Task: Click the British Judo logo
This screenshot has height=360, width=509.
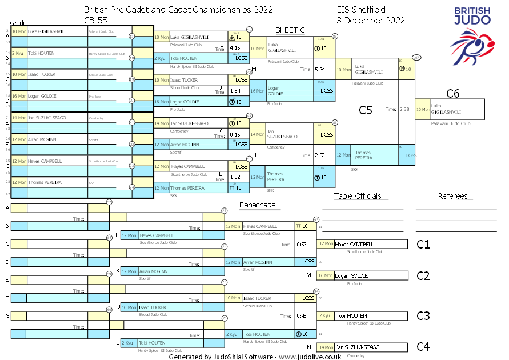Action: click(x=471, y=31)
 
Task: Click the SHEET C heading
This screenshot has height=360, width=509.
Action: click(x=290, y=30)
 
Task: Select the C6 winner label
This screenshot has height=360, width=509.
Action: click(x=453, y=93)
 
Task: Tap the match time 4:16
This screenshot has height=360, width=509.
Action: click(x=234, y=48)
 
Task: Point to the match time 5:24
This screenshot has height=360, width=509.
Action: click(x=320, y=69)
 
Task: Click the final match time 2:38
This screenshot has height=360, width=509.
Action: click(x=404, y=109)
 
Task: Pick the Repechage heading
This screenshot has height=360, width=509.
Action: click(x=257, y=205)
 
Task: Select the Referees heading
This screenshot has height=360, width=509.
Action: click(x=452, y=196)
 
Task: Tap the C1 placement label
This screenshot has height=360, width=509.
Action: click(x=423, y=245)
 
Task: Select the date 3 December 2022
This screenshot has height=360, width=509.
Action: click(x=371, y=20)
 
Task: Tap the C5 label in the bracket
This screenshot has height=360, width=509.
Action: click(x=365, y=110)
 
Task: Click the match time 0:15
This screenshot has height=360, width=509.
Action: click(x=234, y=134)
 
